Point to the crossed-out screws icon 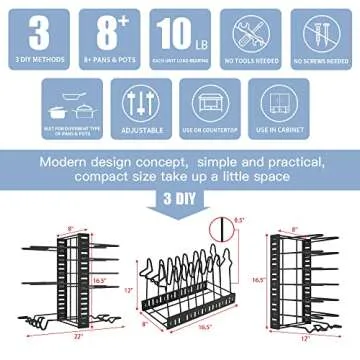point(320,33)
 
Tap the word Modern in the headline point(67,160)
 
